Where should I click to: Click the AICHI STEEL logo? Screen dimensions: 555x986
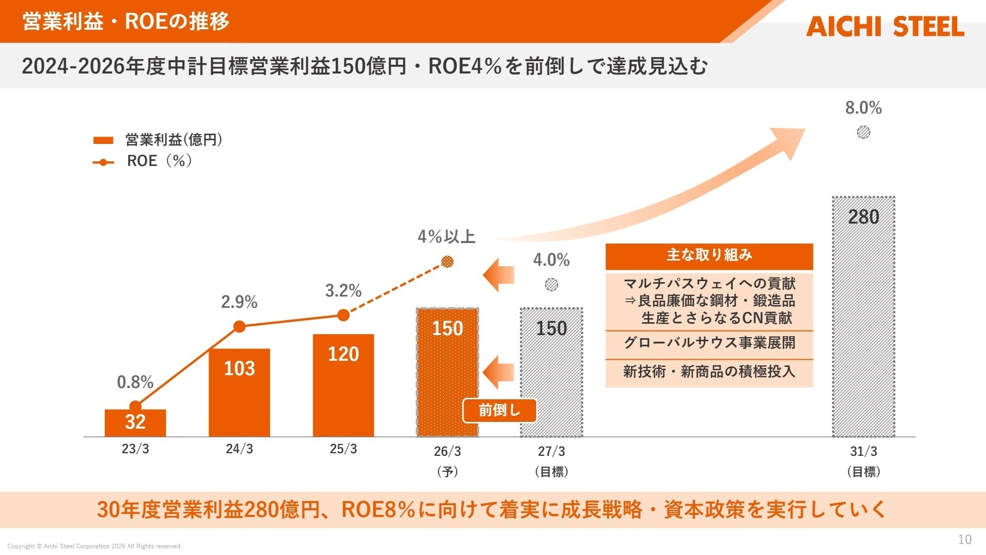coord(884,27)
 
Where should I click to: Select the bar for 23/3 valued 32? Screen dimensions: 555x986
coord(135,423)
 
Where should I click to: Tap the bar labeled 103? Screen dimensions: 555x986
coord(239,393)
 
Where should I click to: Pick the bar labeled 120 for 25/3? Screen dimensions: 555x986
coord(343,385)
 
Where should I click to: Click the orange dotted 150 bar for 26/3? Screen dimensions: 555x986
coord(447,373)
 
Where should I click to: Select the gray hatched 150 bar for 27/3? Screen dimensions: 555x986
coord(551,373)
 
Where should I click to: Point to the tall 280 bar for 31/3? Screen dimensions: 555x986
coord(863,316)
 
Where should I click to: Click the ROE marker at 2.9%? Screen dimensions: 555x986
coord(239,326)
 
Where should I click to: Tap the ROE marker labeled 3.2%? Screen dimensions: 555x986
coord(344,315)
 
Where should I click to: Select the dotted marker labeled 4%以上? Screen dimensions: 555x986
coord(447,262)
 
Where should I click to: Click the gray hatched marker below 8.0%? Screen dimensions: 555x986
coord(863,133)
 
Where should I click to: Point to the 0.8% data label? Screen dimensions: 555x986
coord(135,382)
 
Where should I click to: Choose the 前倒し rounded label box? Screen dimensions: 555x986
coord(499,410)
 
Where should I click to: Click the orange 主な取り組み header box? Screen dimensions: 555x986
coord(709,256)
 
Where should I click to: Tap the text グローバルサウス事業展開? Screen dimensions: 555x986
coord(709,343)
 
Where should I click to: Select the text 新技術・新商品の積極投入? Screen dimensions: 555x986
coord(709,372)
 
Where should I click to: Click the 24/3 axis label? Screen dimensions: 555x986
coord(239,449)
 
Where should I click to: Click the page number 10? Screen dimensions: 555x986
coord(964,540)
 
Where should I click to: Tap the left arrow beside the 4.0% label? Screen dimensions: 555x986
coord(499,275)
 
